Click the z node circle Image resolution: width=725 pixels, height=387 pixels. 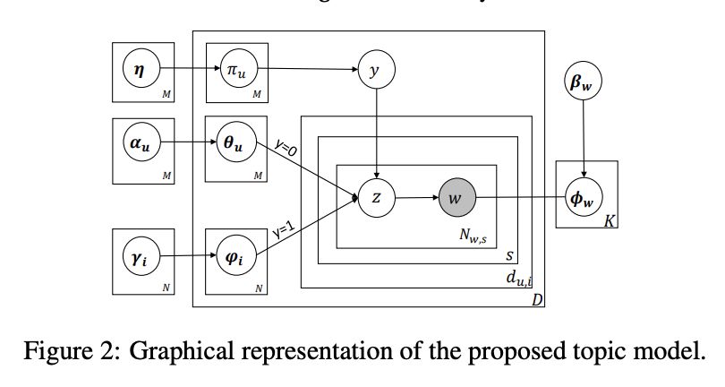[376, 197]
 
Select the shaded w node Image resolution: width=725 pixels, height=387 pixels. [456, 197]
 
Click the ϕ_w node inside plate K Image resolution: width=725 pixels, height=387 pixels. [584, 197]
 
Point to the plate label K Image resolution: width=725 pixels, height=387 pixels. [609, 220]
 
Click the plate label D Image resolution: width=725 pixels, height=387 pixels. [537, 299]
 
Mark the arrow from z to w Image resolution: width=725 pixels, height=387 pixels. [416, 197]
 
